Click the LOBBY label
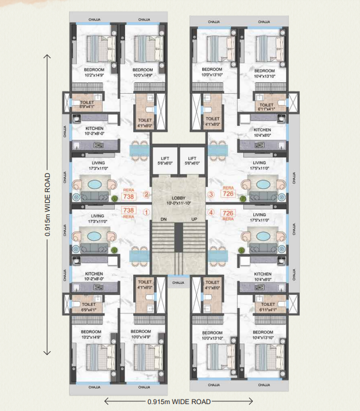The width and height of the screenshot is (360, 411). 179,198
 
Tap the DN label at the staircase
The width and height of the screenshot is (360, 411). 164,219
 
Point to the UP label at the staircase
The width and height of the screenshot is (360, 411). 194,219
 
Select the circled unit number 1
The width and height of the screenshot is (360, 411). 146,212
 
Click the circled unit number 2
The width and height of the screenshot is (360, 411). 146,194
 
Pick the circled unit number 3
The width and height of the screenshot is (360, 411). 211,194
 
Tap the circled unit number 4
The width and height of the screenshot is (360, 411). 211,212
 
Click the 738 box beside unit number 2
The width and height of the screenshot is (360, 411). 129,197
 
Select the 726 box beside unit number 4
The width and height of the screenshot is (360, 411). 228,213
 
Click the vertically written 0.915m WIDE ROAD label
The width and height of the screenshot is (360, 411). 48,205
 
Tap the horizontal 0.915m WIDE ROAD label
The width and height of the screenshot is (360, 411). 179,402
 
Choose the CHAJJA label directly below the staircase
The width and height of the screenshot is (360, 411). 179,283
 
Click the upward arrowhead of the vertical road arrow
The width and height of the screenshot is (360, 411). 47,56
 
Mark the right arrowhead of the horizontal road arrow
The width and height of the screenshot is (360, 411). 250,401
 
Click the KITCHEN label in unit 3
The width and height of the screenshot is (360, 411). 262,130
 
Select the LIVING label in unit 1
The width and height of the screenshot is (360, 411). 98,216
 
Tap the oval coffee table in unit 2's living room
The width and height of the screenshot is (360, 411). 95,185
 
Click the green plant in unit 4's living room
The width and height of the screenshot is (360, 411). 242,250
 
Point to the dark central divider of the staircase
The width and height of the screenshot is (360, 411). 179,237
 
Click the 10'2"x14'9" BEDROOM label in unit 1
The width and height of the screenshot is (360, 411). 91,335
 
